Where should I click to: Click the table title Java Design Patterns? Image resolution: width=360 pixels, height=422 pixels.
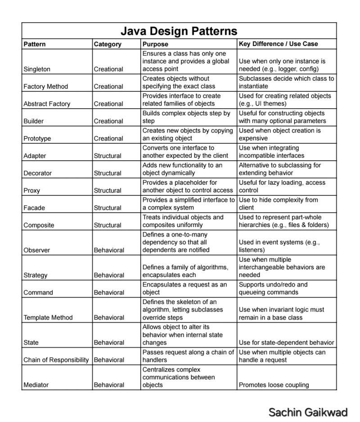coord(179,31)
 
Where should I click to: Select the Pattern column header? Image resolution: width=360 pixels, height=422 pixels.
coord(35,44)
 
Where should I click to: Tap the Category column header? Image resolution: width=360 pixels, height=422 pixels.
coord(108,44)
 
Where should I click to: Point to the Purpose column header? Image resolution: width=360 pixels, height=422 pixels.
coord(155,44)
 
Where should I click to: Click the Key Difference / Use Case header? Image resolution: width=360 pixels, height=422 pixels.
coord(278,44)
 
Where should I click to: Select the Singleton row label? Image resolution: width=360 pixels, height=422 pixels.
coord(37,69)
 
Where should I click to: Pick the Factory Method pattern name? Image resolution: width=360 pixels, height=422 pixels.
coord(45,86)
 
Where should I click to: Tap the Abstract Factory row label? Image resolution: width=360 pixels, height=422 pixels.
coord(47,104)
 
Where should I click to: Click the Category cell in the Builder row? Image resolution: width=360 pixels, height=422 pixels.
coord(108,121)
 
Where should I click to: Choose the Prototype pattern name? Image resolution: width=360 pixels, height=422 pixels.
coord(37,139)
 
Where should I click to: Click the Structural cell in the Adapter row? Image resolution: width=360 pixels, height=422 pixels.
coord(108,156)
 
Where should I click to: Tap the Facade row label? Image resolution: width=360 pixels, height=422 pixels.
coord(33,208)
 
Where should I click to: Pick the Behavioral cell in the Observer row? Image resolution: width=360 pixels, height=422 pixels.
coord(109,250)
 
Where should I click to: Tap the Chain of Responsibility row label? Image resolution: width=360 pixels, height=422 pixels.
coord(56,360)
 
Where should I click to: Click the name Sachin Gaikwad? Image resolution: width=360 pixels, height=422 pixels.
coord(308,412)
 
